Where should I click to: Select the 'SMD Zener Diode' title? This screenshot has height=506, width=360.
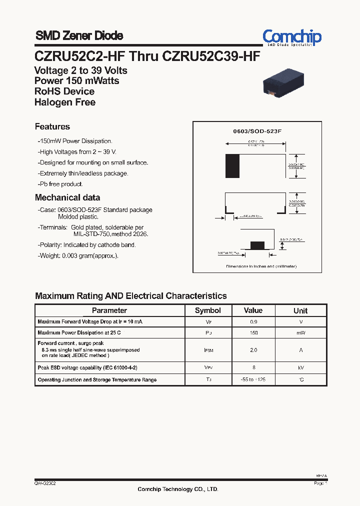tap(79, 36)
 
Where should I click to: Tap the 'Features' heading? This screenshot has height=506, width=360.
tap(52, 127)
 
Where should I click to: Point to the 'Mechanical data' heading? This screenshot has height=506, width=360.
tap(67, 197)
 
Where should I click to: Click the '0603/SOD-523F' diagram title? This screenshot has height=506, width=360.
tap(257, 131)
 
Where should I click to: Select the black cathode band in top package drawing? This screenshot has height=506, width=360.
tap(232, 166)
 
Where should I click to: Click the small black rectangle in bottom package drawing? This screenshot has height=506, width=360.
tap(257, 245)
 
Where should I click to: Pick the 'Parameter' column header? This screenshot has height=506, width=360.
tap(109, 310)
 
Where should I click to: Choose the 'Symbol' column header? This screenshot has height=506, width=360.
tap(207, 310)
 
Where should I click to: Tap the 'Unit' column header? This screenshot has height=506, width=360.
tap(300, 310)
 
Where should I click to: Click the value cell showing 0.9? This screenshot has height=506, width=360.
tap(253, 322)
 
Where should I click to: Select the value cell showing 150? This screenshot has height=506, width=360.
tap(253, 333)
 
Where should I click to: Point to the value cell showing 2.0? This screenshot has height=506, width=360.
tap(253, 350)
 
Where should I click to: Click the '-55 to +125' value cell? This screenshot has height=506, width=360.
tap(253, 380)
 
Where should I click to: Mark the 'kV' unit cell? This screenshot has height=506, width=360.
tap(300, 367)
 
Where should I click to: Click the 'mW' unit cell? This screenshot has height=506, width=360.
tap(300, 333)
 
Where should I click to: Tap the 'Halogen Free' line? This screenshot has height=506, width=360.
tap(65, 102)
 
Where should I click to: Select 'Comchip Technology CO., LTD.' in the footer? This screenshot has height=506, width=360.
tap(178, 489)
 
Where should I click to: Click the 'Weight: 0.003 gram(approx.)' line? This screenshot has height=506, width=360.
tap(78, 256)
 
